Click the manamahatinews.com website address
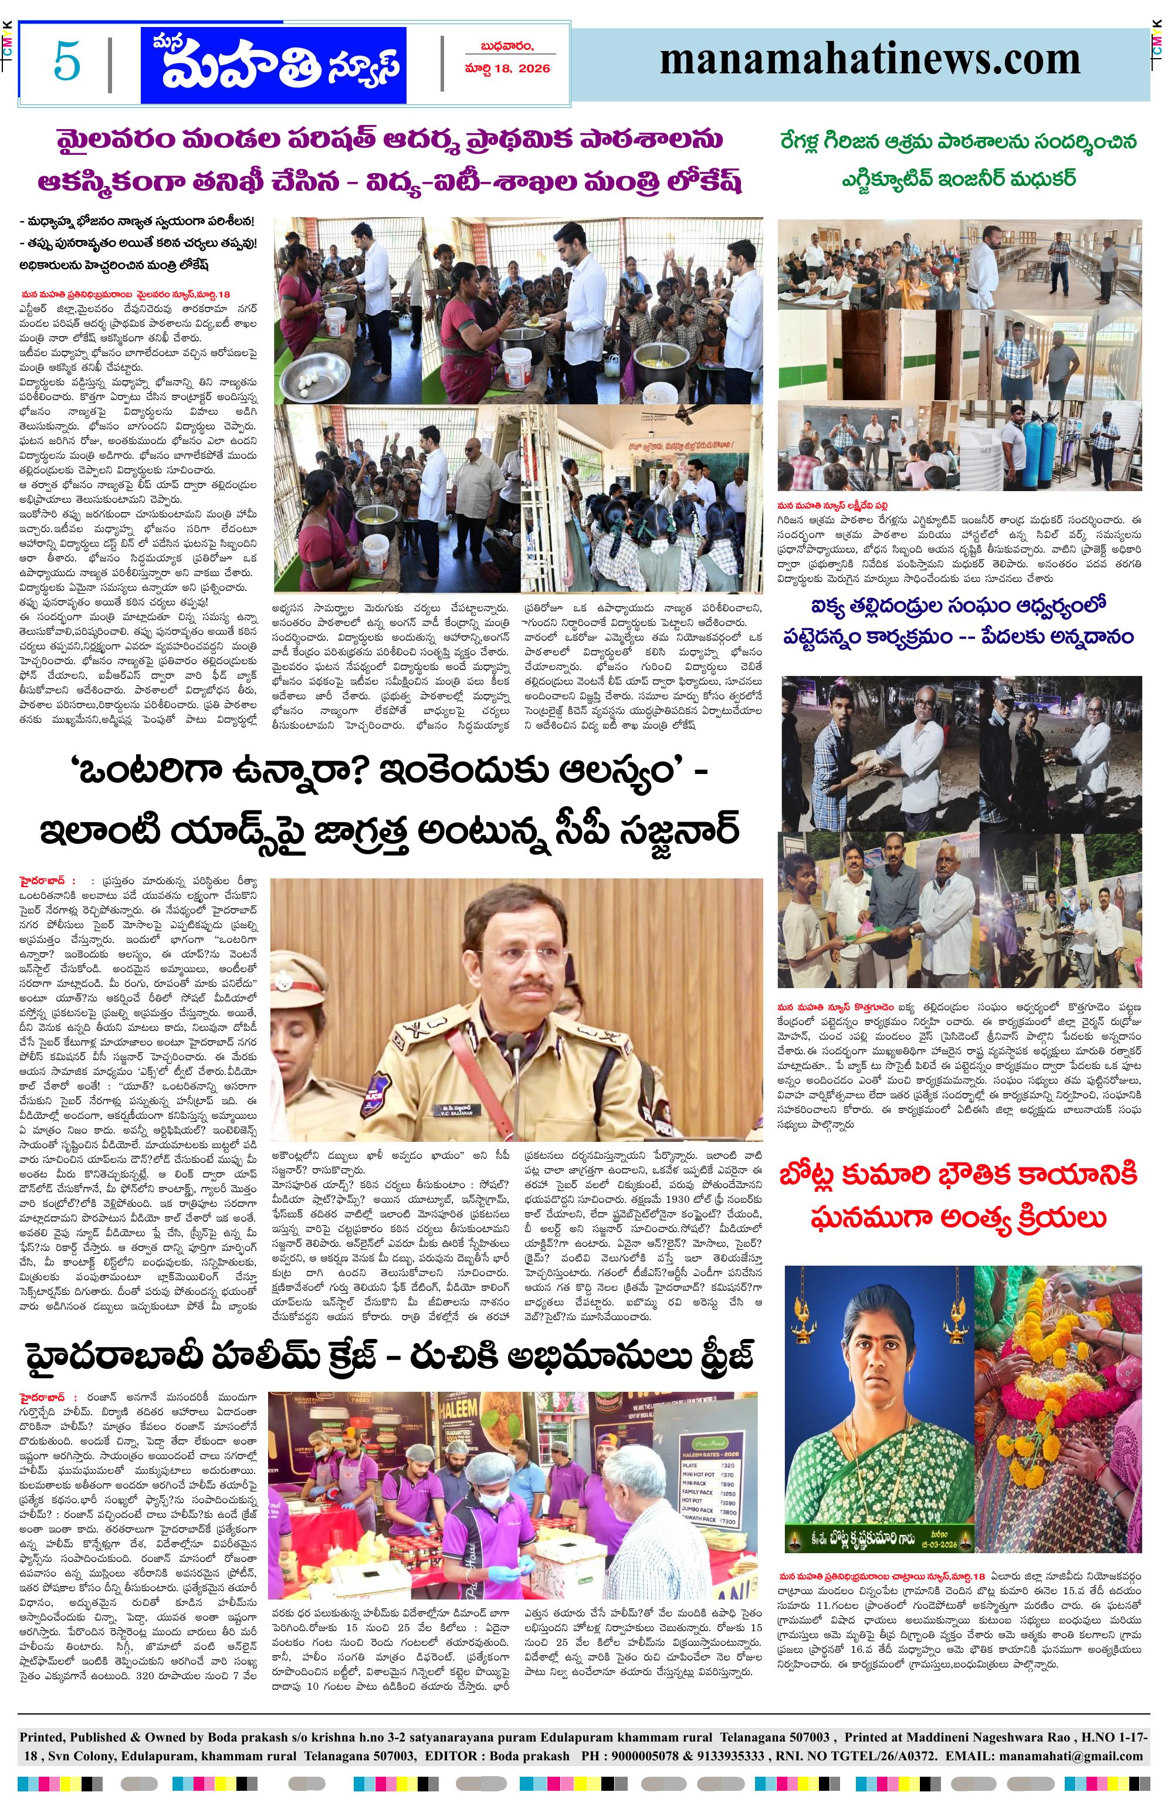(869, 60)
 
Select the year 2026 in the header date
(534, 68)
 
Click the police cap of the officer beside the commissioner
(300, 977)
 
